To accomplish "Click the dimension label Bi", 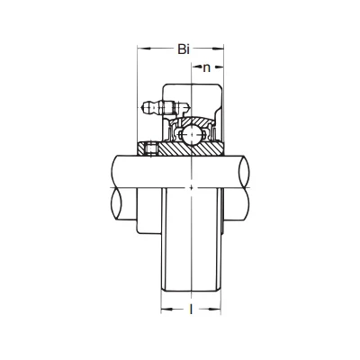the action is (184, 49).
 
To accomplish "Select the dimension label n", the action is (207, 68).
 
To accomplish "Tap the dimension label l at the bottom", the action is (191, 309).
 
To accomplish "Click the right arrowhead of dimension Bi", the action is (219, 48).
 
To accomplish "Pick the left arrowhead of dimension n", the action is (195, 67).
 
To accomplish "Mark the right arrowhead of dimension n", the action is (220, 67).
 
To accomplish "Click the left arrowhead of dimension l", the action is (166, 309).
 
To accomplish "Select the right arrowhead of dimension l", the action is (215, 309).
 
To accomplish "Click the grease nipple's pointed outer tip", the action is (141, 107).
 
